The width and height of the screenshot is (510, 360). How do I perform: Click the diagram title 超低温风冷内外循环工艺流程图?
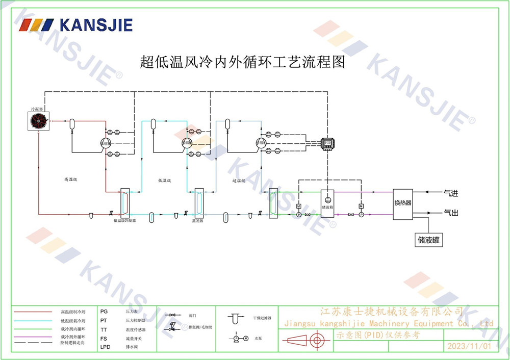point(243,63)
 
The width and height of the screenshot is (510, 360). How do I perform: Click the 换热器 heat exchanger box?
point(402,203)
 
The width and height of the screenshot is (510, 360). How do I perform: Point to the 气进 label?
point(451,193)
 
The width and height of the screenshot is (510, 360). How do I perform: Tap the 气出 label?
point(451,212)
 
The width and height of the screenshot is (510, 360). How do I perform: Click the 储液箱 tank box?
point(327,202)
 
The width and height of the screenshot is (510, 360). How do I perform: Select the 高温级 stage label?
point(70,179)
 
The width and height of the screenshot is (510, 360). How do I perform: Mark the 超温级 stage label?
point(239,181)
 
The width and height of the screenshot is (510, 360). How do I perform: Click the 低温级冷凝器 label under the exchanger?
point(124,221)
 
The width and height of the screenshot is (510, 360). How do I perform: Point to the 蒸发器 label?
point(197,221)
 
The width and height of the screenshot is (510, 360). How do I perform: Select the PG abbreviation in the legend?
point(104,311)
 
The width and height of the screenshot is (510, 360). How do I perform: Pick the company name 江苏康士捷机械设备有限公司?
point(391,311)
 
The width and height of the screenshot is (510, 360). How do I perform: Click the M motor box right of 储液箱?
point(361,205)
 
